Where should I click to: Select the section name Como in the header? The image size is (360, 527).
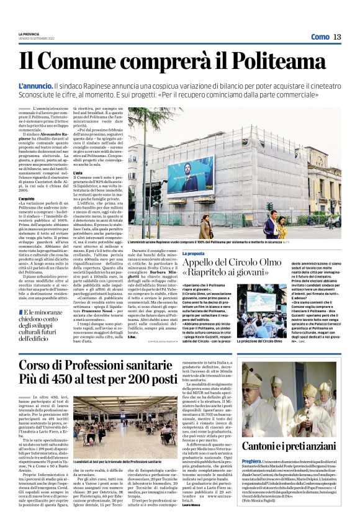point(320,37)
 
